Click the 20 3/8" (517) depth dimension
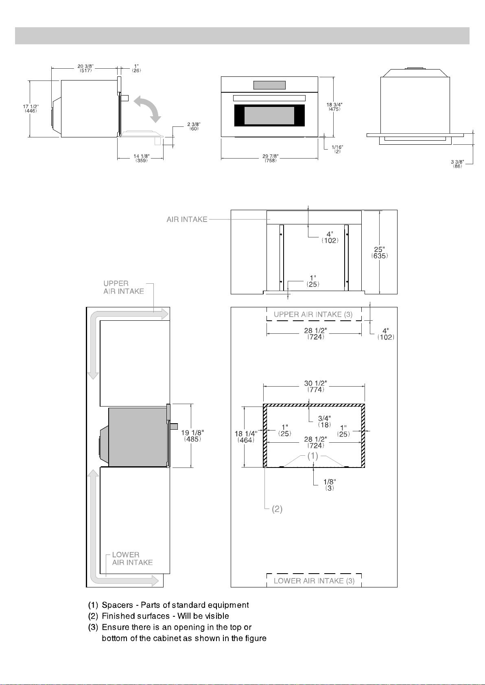[x=85, y=68]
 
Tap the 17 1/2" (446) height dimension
[x=31, y=109]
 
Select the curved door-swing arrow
[x=148, y=109]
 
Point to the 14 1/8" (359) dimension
[x=141, y=158]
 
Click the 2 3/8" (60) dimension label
[x=194, y=126]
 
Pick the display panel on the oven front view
[x=269, y=85]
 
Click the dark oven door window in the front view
[x=269, y=115]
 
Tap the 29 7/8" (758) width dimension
[x=271, y=158]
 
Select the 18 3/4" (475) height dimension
[x=334, y=107]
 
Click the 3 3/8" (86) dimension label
[x=457, y=164]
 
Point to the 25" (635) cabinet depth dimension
[x=380, y=252]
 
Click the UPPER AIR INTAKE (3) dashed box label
[x=313, y=314]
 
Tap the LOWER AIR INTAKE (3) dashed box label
[x=314, y=581]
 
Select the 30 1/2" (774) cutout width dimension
[x=315, y=386]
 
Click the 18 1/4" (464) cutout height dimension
[x=246, y=437]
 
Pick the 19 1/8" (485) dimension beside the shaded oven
[x=192, y=436]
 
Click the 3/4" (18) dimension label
[x=324, y=422]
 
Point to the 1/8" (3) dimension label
[x=330, y=485]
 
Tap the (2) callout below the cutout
[x=277, y=509]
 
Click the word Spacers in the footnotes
[x=118, y=605]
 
